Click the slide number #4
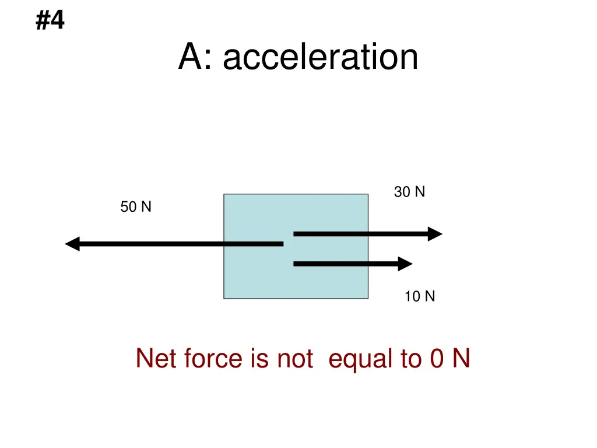pos(50,22)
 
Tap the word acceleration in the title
pos(320,58)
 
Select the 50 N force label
pos(136,206)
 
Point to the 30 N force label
pos(409,191)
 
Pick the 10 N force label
pos(420,296)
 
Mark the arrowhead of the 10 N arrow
pos(405,264)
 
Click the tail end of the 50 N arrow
pos(280,244)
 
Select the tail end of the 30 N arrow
pos(296,233)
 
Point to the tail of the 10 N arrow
pos(296,264)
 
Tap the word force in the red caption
pos(212,358)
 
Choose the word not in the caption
pos(295,358)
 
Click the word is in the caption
pos(259,358)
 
